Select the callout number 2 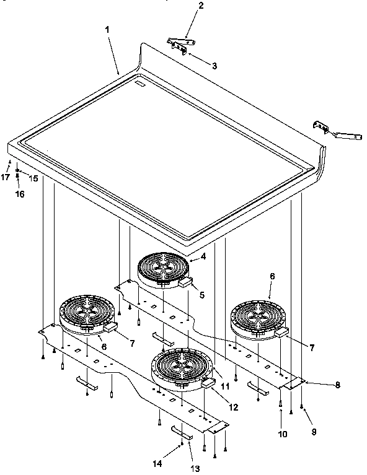pos(183,6)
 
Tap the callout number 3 pos(213,65)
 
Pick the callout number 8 pos(337,385)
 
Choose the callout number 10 pos(282,434)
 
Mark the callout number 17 pos(5,176)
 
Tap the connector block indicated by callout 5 pos(185,282)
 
